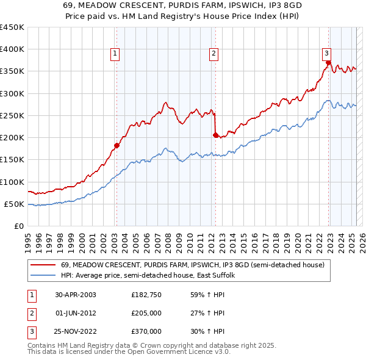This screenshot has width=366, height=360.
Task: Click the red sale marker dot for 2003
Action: pos(117,145)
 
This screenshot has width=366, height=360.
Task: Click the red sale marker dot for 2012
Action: pos(215,135)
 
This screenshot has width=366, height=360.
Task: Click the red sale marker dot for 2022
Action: pos(328,62)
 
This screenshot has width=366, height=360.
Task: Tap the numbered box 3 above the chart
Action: pos(327,52)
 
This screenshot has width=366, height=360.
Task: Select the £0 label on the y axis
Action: pos(18,226)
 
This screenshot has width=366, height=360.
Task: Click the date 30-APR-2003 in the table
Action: pos(76,295)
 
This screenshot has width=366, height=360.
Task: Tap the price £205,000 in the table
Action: pos(146,313)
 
